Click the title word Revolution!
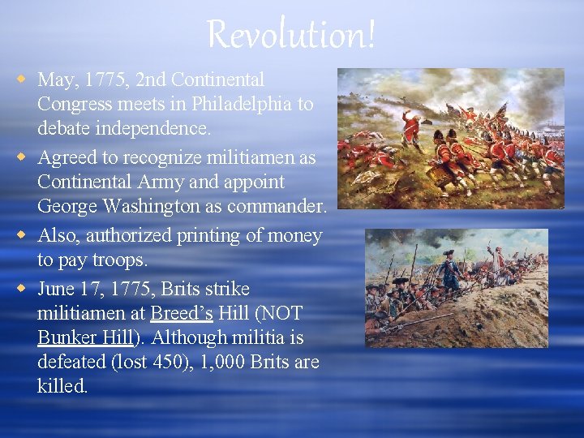click(291, 34)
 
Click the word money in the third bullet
click(291, 235)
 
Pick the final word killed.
click(62, 387)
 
